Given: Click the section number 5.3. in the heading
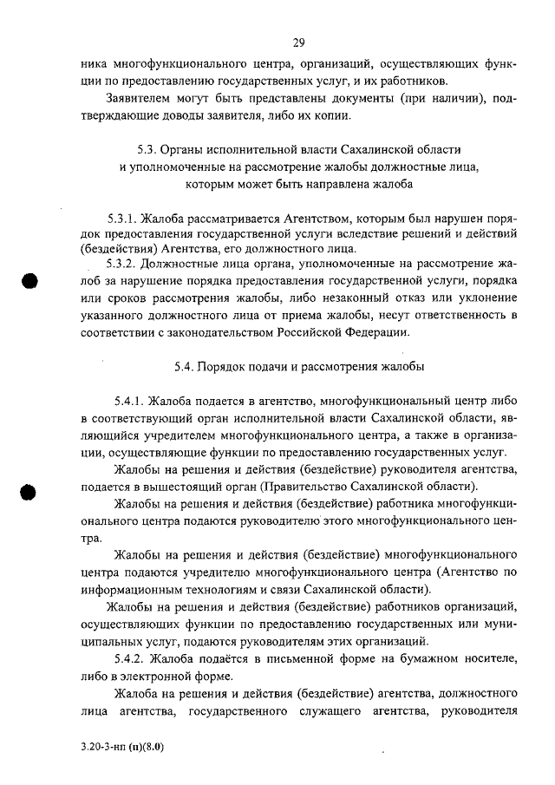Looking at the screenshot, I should click(x=151, y=148).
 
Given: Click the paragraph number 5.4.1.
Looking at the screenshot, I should click(x=129, y=402).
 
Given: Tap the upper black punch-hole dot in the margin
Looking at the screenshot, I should click(x=31, y=285).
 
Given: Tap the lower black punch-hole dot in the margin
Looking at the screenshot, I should click(x=31, y=491).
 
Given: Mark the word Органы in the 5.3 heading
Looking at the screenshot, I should click(x=188, y=148).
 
